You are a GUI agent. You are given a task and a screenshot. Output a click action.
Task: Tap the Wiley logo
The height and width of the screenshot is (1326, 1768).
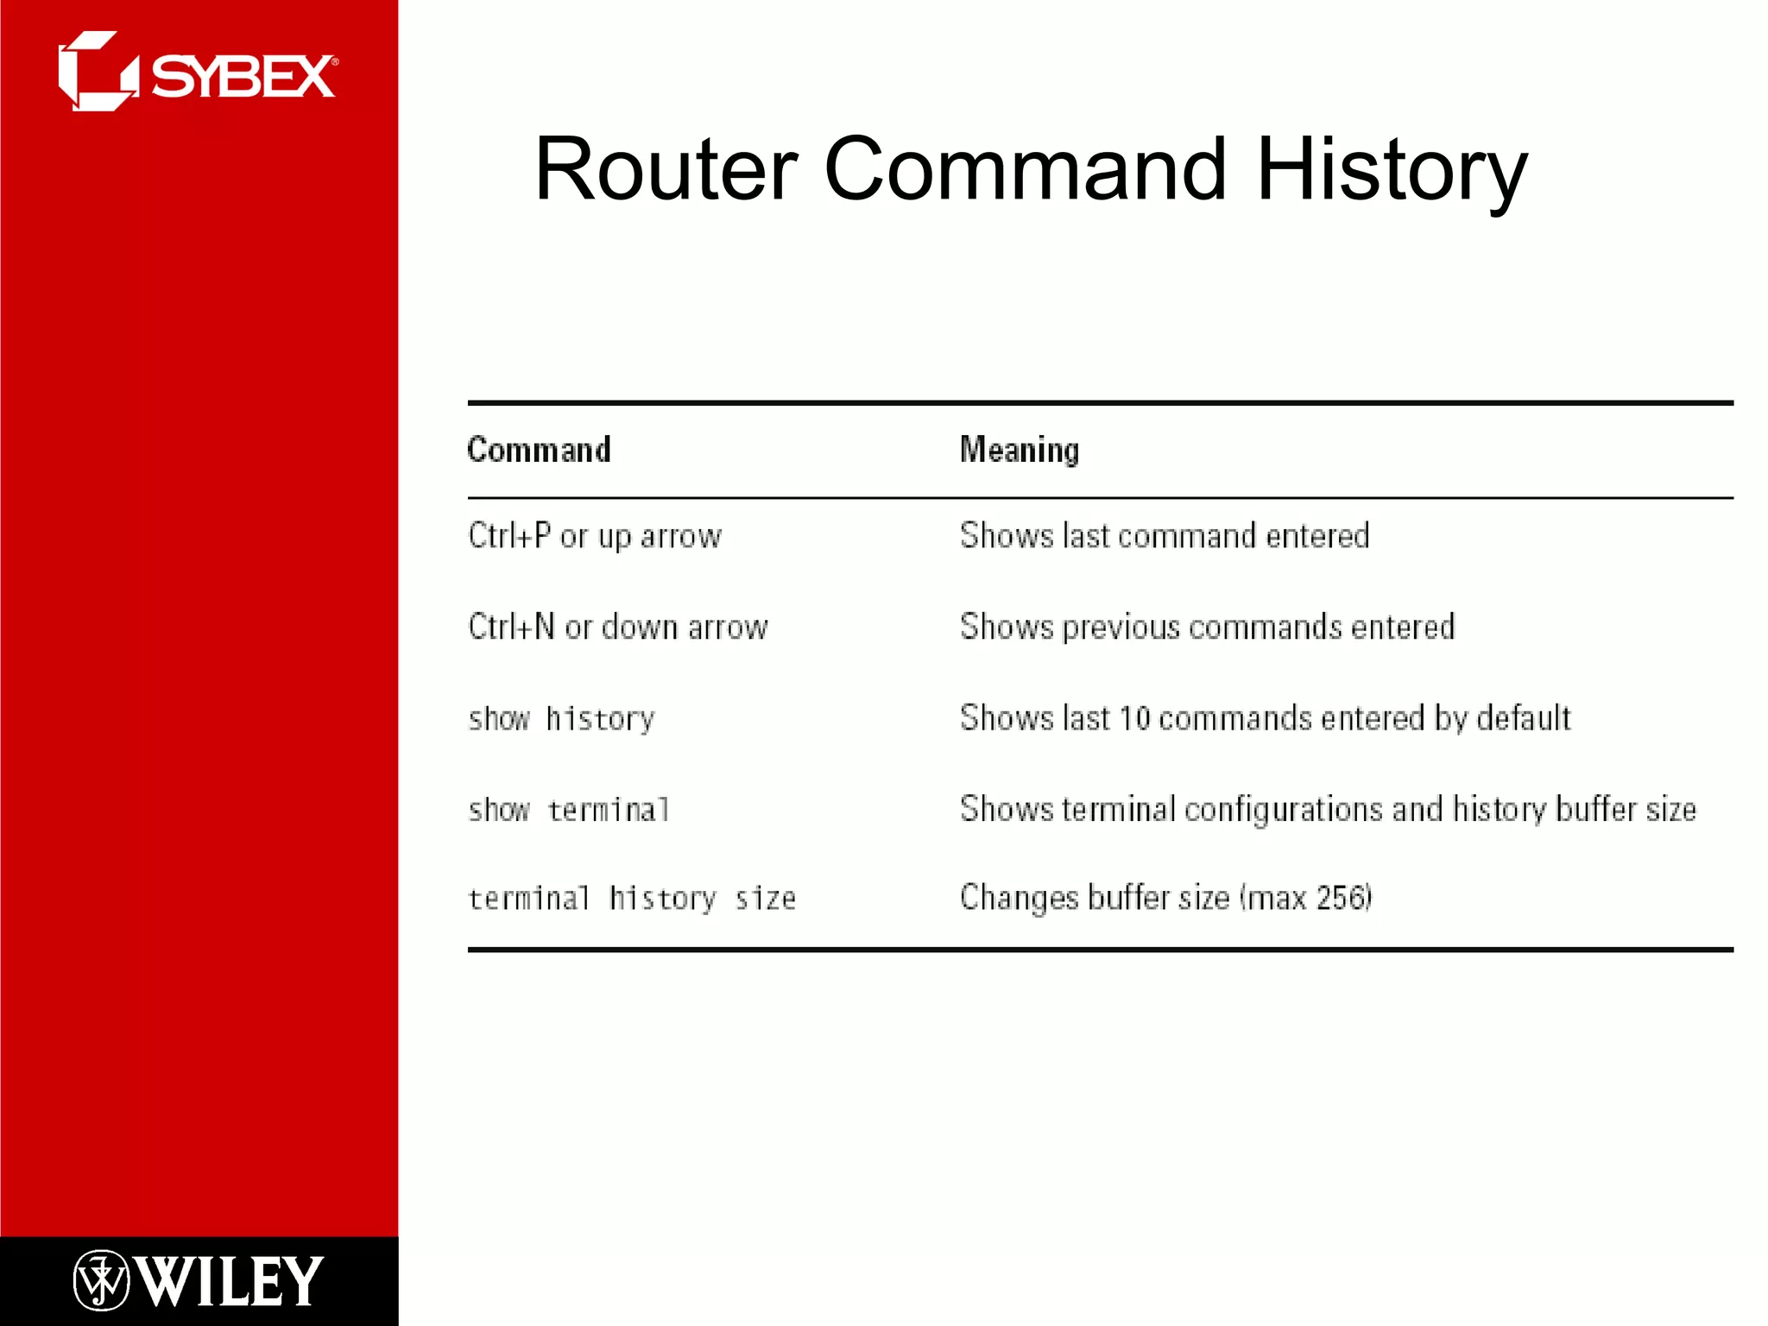[199, 1280]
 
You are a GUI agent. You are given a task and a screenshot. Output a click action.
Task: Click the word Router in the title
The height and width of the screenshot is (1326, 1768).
[666, 169]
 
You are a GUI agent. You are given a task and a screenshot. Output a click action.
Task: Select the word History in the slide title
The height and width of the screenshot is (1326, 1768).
[1391, 169]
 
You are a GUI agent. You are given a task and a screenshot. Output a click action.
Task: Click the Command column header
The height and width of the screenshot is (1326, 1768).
[539, 450]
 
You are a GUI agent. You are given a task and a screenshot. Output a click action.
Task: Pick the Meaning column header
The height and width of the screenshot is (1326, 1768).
[1019, 450]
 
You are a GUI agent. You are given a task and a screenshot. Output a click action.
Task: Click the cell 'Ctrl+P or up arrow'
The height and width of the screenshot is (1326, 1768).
[594, 536]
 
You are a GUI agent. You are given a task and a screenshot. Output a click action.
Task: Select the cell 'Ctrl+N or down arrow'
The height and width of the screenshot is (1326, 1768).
[617, 627]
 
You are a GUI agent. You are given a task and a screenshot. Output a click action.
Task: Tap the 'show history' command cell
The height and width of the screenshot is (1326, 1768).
[561, 718]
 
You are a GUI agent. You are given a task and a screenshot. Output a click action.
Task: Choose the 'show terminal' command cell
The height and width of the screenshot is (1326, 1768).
[568, 810]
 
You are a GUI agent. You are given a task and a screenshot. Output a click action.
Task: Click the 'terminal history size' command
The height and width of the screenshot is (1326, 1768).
[631, 899]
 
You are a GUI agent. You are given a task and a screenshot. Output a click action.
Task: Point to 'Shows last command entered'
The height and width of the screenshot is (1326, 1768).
[1164, 536]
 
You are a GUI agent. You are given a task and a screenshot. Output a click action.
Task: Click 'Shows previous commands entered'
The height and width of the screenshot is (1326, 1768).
[1207, 627]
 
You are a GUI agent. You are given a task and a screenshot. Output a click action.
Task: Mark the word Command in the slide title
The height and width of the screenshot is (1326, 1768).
[1025, 169]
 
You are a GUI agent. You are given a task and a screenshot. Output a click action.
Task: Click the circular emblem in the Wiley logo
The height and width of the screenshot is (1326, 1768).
[101, 1280]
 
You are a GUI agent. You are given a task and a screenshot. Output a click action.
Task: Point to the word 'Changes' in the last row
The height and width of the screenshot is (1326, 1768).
[1019, 898]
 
